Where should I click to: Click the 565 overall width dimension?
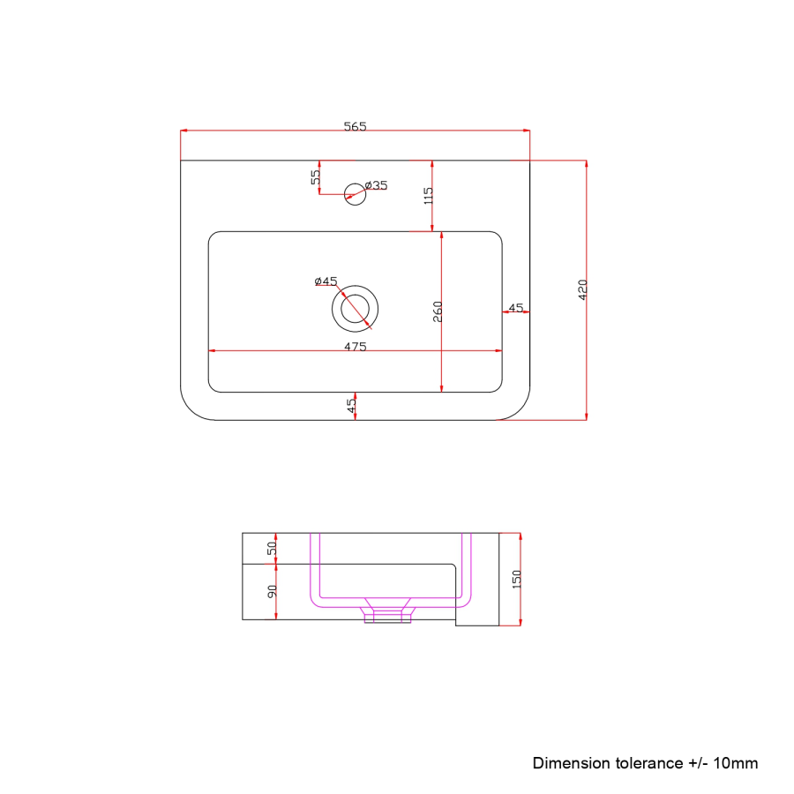click(355, 126)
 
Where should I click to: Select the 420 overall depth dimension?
click(581, 288)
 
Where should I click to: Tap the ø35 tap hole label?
click(377, 185)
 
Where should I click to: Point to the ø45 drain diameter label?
click(326, 281)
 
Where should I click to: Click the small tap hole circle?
click(355, 193)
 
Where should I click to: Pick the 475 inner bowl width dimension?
click(355, 347)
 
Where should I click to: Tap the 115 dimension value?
click(428, 196)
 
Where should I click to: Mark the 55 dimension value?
click(315, 176)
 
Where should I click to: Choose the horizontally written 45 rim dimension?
click(516, 307)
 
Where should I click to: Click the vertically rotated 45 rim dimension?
click(351, 406)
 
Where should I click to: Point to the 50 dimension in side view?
click(273, 547)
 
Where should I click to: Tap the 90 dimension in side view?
click(273, 591)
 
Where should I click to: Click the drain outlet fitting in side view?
click(388, 611)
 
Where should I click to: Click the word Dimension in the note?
click(570, 763)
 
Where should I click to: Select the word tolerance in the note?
click(647, 763)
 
